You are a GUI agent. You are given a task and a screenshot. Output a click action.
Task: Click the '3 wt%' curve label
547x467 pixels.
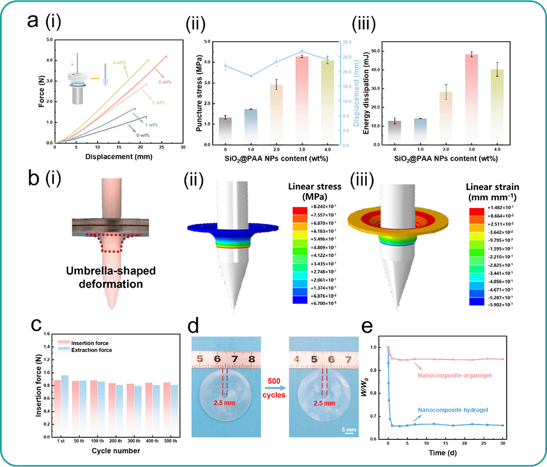click(165, 82)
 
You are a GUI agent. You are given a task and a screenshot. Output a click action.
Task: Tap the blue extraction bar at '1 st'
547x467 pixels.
click(65, 406)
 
